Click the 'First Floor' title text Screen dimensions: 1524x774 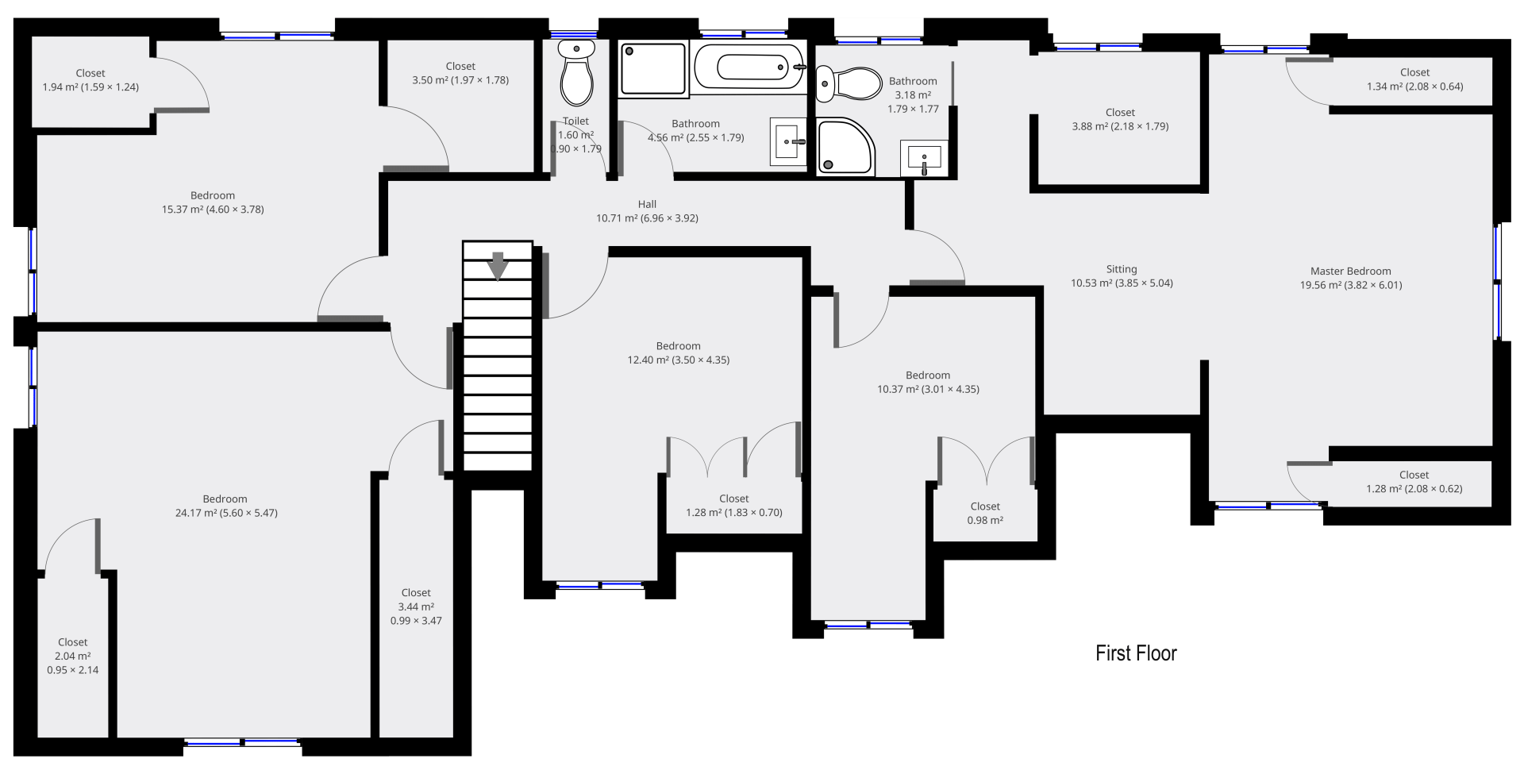1136,653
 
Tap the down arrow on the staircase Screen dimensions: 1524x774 498,266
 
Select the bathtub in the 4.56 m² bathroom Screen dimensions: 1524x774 749,67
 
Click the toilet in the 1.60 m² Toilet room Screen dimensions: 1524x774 576,72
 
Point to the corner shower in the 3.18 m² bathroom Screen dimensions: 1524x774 845,147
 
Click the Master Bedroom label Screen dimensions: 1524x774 1350,271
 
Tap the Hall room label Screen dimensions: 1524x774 647,204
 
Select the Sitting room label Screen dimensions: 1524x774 1122,269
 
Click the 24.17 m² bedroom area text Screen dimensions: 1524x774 226,513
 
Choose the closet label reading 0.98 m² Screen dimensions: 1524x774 984,513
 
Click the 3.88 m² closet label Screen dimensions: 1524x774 1120,119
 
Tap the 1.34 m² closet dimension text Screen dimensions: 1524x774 1414,87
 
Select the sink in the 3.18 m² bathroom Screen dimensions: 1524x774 924,158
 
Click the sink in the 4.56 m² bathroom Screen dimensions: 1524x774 788,142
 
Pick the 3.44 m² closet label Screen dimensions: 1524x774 416,606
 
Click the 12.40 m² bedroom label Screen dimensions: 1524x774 679,352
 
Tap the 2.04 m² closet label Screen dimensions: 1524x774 72,656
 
